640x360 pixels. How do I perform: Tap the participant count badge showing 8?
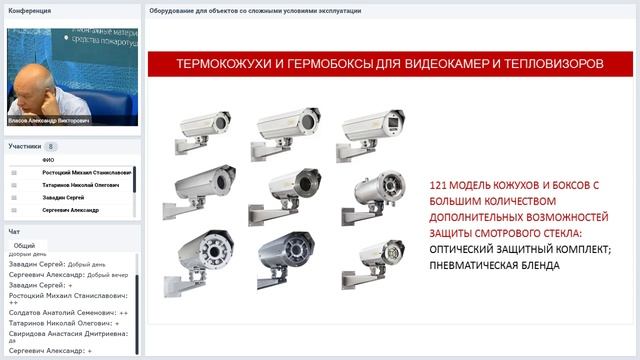click(51, 146)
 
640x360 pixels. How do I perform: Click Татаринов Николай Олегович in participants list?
click(81, 185)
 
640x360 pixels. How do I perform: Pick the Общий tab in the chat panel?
click(24, 245)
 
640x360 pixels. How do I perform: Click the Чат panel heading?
click(14, 231)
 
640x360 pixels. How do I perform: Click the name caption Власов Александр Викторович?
click(48, 120)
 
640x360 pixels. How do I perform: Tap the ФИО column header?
click(48, 160)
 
